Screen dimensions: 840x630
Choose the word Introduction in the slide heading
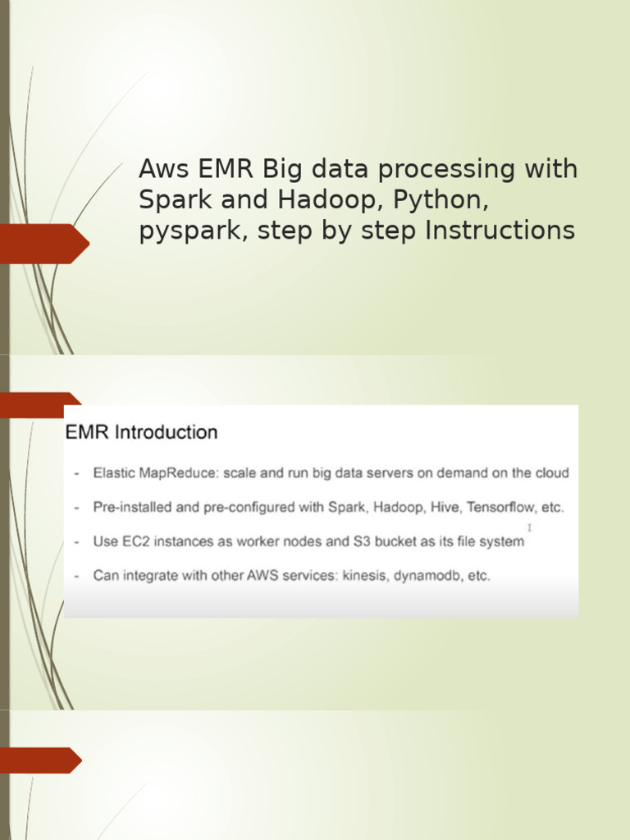(x=166, y=432)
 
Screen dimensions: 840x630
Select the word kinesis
(x=359, y=576)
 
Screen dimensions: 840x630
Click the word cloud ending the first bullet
(x=551, y=473)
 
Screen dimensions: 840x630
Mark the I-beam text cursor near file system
(x=529, y=527)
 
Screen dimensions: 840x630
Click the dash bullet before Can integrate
(x=76, y=576)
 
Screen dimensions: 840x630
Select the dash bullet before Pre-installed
(x=76, y=508)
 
